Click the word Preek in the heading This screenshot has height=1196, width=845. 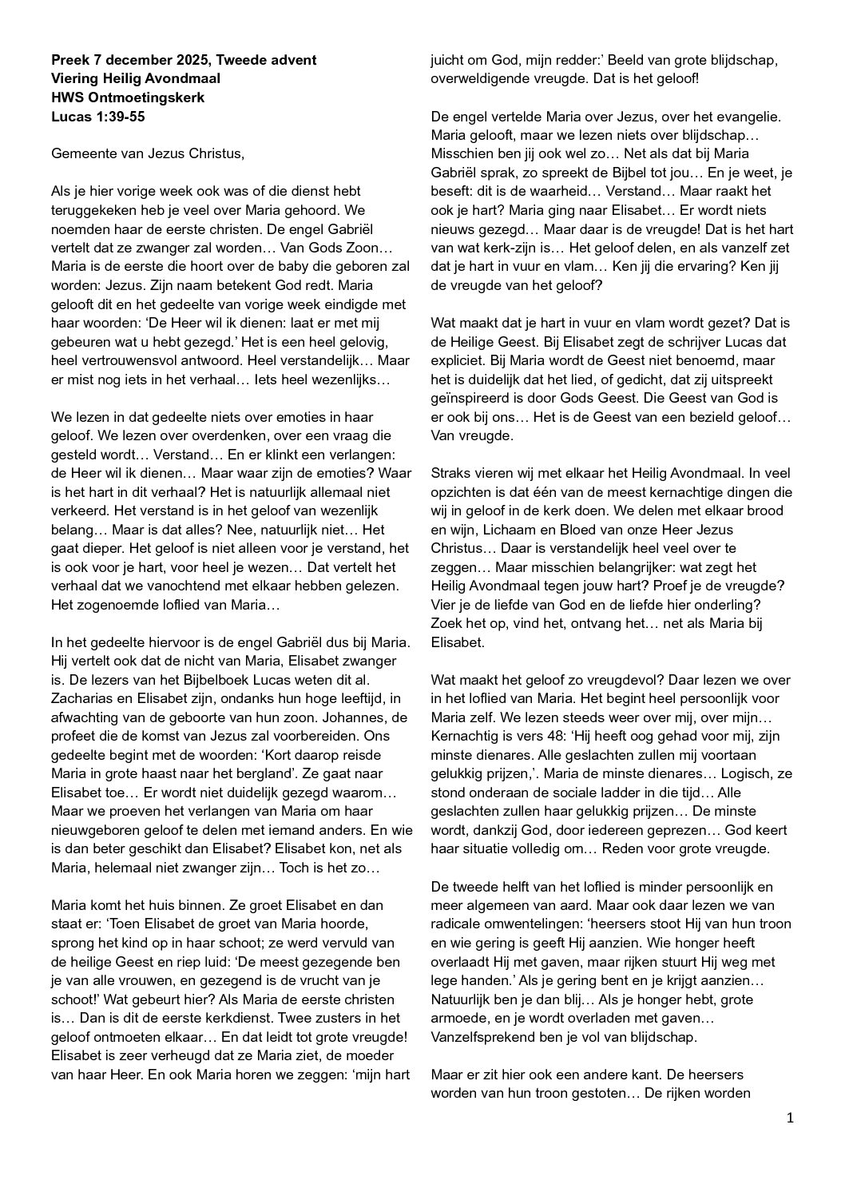tap(69, 60)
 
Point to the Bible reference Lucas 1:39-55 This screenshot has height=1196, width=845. tap(98, 117)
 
